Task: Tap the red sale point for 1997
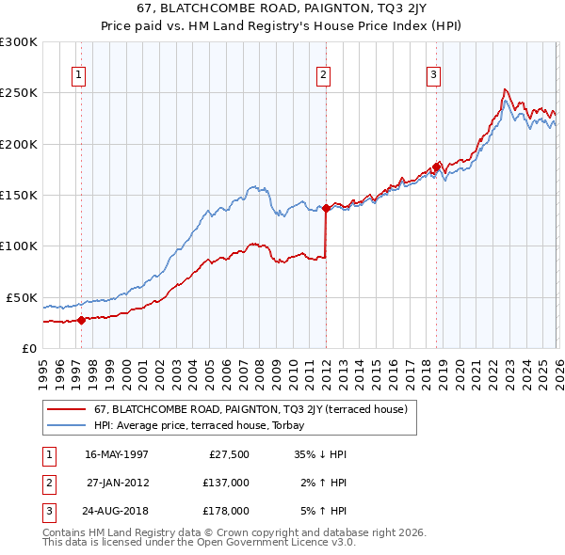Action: coord(81,320)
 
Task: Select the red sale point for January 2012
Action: coord(326,208)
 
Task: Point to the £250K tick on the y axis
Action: coord(19,93)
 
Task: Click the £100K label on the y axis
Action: coord(19,246)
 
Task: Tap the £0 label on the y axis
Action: coord(29,348)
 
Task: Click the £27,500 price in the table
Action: coord(228,454)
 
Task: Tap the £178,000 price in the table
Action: coord(225,511)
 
